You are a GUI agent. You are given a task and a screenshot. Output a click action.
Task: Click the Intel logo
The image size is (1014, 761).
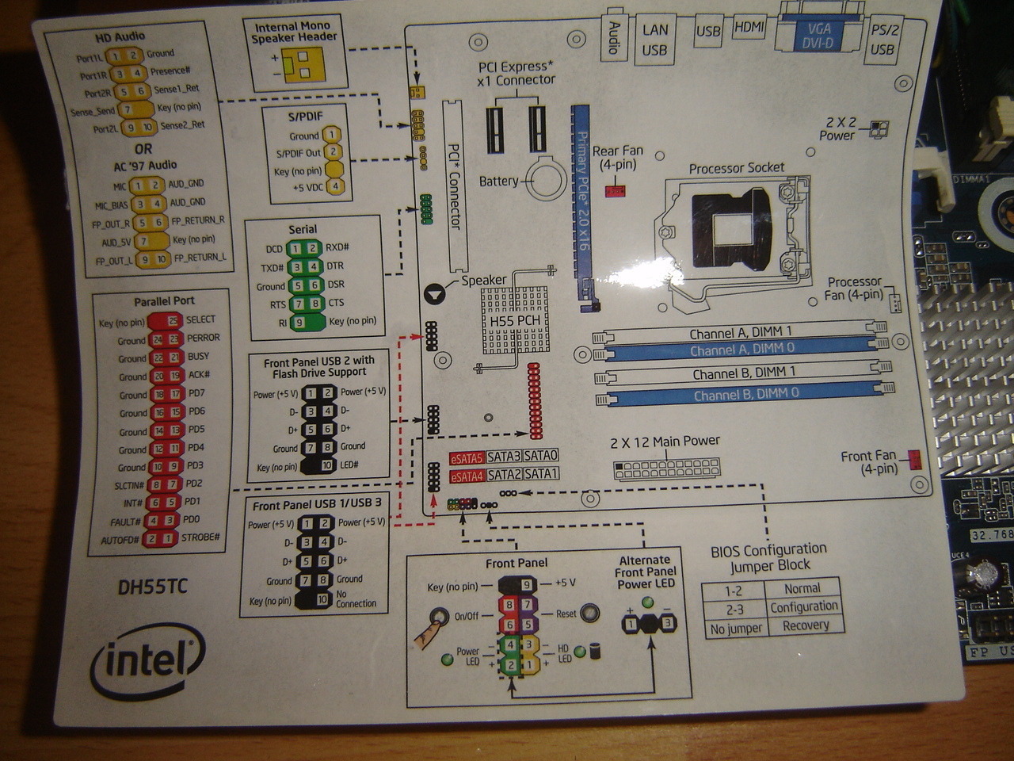(149, 660)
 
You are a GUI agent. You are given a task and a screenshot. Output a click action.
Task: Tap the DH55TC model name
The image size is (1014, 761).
(153, 587)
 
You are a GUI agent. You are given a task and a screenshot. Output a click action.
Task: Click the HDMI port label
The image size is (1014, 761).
(749, 28)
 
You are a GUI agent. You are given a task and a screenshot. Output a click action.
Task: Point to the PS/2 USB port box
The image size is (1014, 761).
(883, 40)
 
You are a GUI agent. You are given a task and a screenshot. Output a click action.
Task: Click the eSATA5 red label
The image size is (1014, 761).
(466, 457)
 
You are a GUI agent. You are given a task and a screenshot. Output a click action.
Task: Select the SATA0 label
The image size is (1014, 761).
(541, 456)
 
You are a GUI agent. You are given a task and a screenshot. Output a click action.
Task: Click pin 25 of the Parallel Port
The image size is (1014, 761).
(173, 320)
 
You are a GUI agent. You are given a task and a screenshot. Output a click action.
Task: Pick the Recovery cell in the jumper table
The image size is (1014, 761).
(805, 625)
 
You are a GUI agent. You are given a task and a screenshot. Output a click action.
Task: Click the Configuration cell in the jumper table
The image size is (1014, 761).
(803, 607)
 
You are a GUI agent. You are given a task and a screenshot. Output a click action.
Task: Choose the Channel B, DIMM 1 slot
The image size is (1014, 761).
(743, 373)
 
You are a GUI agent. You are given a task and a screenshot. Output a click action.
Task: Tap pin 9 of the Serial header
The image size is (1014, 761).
(299, 323)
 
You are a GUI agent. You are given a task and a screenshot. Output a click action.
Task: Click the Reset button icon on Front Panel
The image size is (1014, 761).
(589, 614)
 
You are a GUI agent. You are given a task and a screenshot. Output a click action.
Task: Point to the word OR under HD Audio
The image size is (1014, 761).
(143, 149)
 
